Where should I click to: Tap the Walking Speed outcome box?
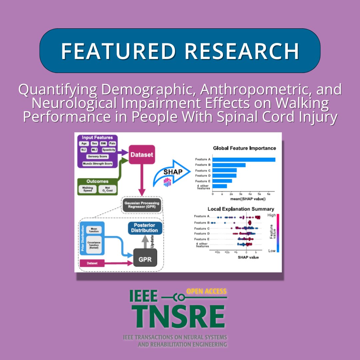coord(87,189)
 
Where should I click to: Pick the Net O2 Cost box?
coord(107,189)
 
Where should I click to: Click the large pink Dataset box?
coord(142,155)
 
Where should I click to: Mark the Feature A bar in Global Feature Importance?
coord(244,159)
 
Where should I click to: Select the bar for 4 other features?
coord(220,186)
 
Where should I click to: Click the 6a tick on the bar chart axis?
coord(269,194)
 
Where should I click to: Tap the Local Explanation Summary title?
coord(241,209)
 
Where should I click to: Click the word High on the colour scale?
coord(272,216)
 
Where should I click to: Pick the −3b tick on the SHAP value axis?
coord(218,252)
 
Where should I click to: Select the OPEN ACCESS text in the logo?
coord(206,291)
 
